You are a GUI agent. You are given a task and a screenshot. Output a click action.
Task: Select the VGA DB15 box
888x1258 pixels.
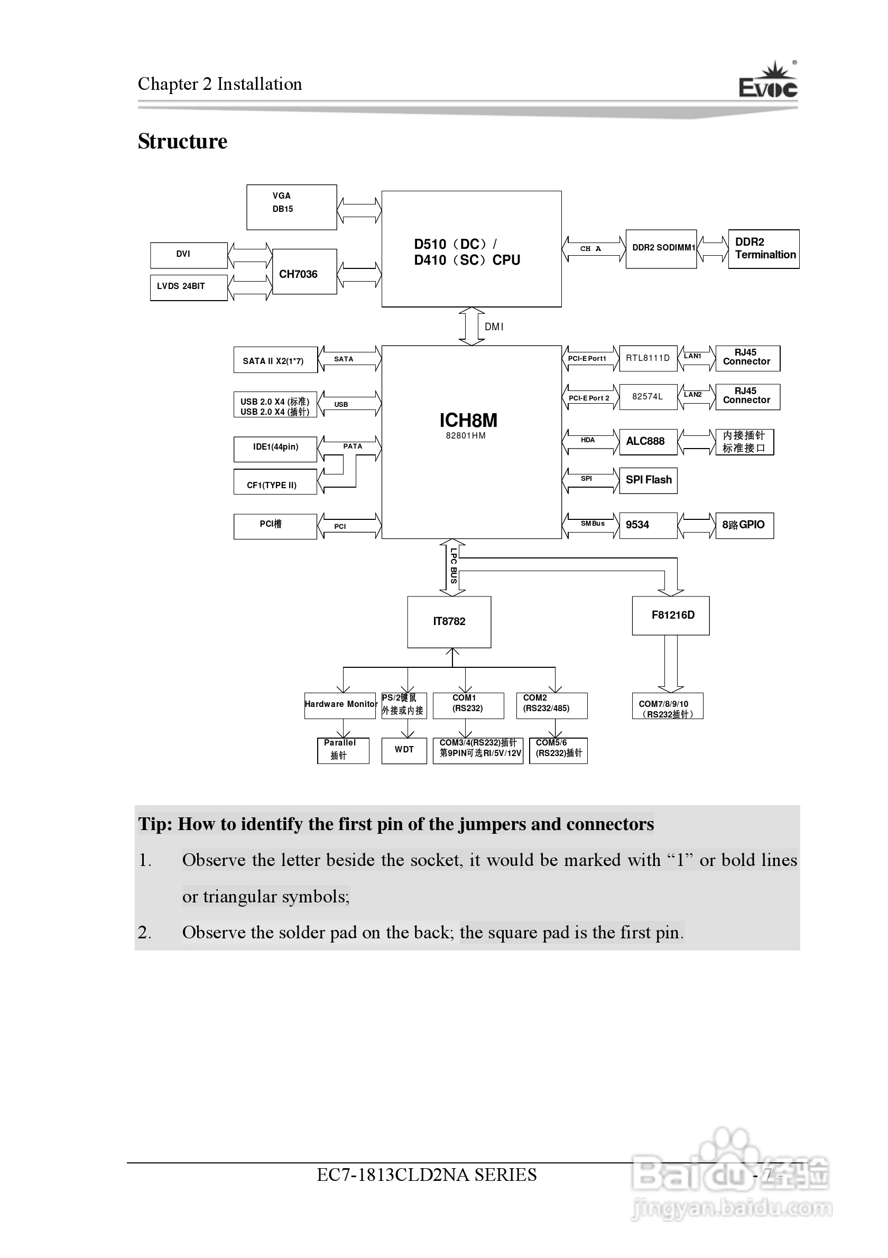(291, 207)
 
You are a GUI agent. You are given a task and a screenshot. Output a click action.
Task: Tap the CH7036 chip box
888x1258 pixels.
(304, 272)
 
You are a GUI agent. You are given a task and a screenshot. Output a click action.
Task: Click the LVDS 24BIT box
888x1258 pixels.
(189, 287)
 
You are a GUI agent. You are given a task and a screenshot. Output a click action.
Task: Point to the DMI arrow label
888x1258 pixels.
(494, 327)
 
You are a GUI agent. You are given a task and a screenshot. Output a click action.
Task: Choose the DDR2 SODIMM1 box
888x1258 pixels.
(661, 249)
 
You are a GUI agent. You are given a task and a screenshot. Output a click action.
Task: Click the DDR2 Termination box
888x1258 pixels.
(764, 249)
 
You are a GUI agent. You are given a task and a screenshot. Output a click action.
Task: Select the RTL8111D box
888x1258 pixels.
(648, 358)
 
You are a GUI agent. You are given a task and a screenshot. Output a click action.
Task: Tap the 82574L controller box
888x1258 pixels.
(648, 397)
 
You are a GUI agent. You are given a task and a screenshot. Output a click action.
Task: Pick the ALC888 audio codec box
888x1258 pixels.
(648, 442)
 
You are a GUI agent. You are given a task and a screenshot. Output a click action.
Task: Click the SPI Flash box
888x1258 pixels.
(648, 480)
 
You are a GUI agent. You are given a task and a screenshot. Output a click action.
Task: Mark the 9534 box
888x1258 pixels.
(648, 525)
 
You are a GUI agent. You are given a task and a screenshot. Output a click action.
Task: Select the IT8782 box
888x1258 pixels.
(449, 621)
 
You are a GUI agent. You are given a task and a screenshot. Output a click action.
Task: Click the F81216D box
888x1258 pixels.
(670, 616)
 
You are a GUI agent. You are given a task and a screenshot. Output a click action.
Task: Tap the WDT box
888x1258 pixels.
(404, 750)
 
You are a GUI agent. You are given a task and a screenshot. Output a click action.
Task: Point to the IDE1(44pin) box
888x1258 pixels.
(275, 448)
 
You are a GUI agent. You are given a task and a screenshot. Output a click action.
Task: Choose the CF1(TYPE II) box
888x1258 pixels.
(275, 482)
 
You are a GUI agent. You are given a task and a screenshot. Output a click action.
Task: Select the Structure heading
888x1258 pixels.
(182, 142)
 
